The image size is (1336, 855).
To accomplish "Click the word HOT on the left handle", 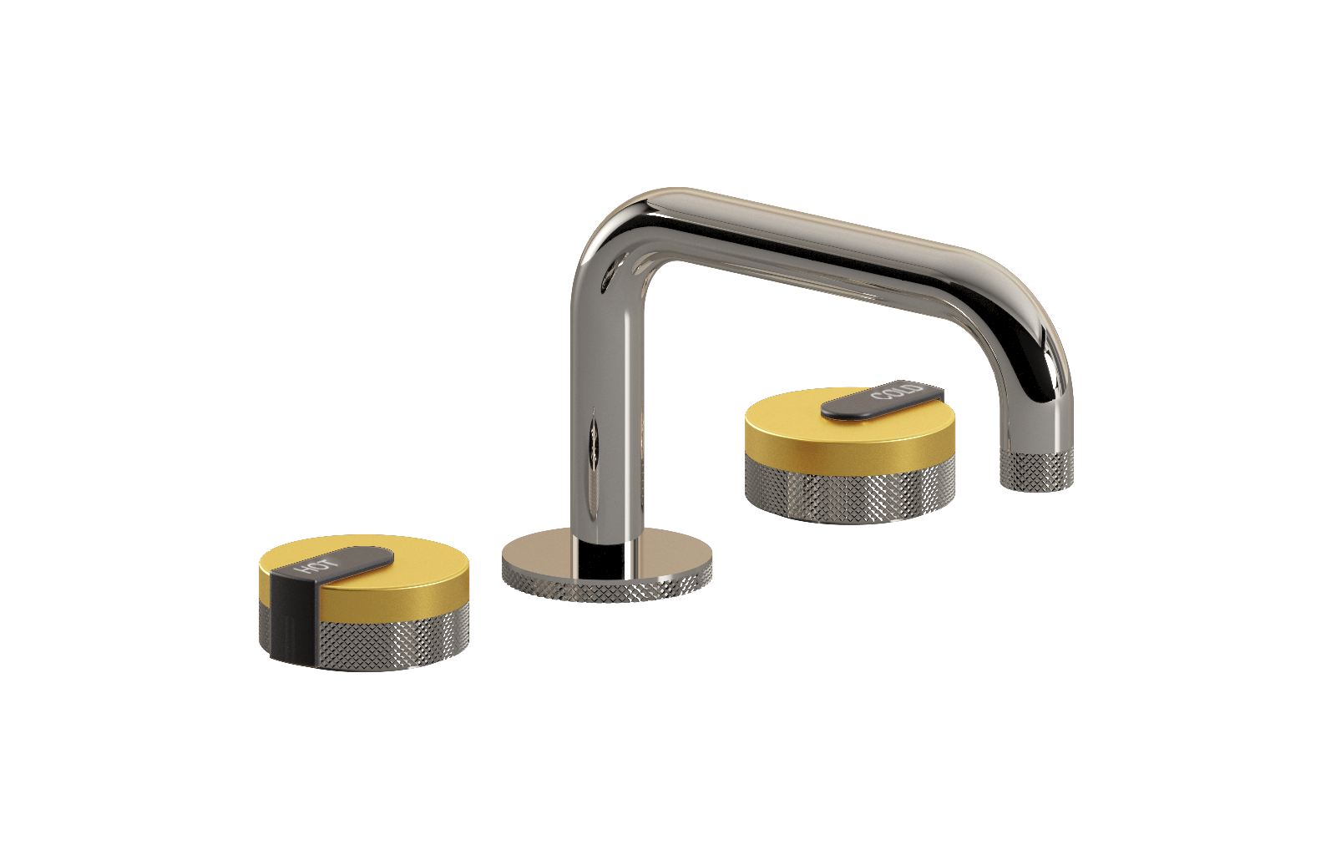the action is point(316,564).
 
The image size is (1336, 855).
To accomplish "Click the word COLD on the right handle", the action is point(897,393).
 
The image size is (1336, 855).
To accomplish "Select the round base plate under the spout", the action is point(607,564).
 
